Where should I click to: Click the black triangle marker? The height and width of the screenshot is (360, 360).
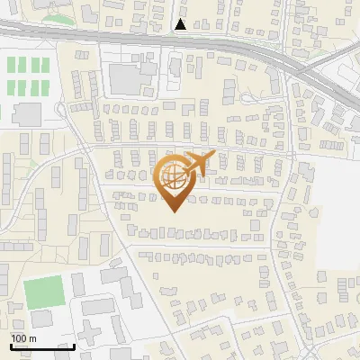click(181, 24)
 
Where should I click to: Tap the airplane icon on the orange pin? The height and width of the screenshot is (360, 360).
click(196, 164)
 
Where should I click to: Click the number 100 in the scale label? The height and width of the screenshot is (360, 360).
click(20, 338)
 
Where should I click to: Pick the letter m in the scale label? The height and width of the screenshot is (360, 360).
click(32, 338)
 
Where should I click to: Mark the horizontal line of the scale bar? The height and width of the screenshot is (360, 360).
click(42, 346)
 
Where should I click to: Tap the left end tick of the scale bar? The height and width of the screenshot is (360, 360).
click(11, 344)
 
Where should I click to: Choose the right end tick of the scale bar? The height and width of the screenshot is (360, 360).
click(74, 344)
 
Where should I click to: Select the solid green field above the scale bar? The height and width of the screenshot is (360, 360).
click(44, 291)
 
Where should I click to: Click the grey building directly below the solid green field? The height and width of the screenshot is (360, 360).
click(42, 318)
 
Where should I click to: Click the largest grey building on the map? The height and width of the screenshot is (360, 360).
click(131, 78)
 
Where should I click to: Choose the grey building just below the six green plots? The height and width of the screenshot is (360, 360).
click(27, 114)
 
